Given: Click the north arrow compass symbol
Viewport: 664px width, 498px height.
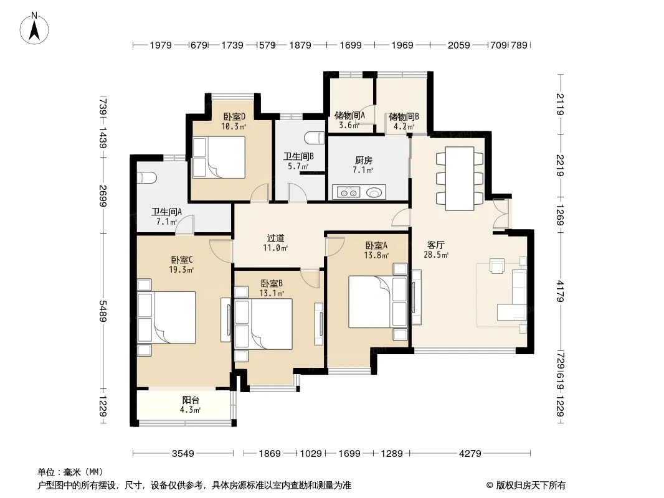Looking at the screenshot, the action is click(34, 28).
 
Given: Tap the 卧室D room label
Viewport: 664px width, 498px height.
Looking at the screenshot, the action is click(234, 116).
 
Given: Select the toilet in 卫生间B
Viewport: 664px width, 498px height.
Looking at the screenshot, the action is click(314, 138).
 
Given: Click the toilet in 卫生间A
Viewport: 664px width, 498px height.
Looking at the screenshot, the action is click(146, 177).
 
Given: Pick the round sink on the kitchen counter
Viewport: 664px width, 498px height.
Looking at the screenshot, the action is click(374, 193).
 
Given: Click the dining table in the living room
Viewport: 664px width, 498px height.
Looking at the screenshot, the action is click(460, 178).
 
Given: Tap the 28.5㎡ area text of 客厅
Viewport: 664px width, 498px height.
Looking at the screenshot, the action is click(436, 255).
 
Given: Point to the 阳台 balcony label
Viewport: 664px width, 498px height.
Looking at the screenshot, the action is click(191, 400).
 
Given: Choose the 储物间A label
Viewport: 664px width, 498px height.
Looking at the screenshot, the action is click(349, 115).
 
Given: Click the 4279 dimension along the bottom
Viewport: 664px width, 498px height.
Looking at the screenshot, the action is click(470, 454).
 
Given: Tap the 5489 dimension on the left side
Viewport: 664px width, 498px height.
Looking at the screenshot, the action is click(103, 311).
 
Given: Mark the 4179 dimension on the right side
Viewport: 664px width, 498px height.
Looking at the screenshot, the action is click(560, 291).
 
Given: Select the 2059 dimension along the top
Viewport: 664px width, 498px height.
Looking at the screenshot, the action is click(459, 45).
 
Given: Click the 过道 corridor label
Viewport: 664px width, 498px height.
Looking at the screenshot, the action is click(276, 238).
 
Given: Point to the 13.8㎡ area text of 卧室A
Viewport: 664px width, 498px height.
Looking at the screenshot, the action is click(376, 255).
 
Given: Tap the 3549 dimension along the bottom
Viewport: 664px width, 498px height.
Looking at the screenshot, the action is click(183, 454).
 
